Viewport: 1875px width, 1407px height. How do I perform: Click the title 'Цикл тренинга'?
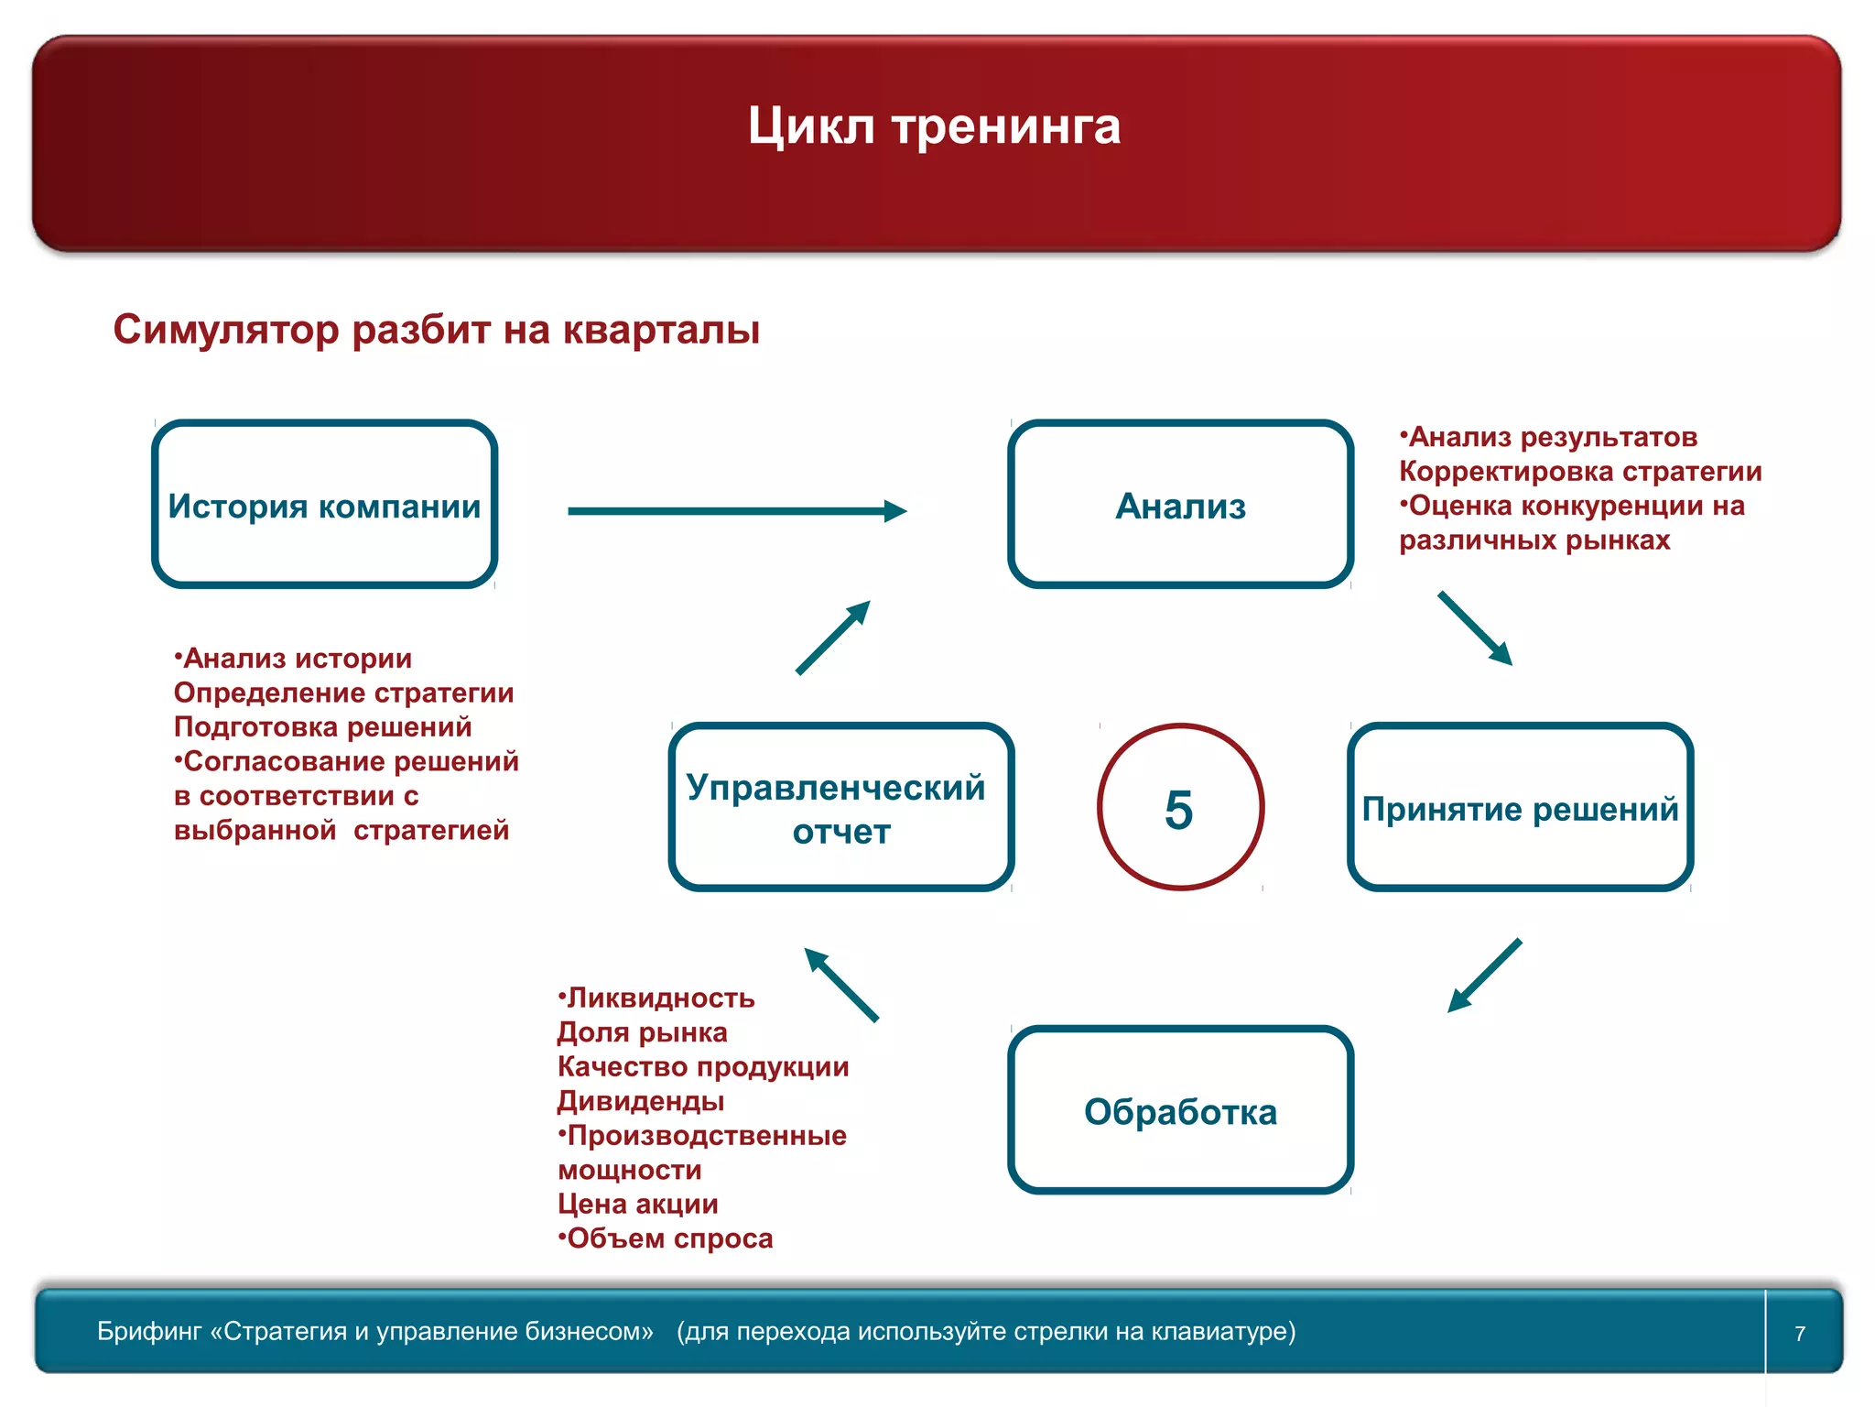click(x=934, y=125)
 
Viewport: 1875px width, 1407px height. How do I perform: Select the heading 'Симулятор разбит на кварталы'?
click(x=436, y=330)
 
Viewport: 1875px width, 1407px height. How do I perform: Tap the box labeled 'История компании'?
click(x=324, y=505)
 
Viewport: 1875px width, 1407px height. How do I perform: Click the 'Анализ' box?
click(x=1180, y=505)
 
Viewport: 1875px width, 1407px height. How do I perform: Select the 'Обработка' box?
click(x=1180, y=1111)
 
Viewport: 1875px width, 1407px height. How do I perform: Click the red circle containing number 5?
click(x=1180, y=808)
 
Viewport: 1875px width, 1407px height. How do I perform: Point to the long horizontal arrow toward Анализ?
click(x=736, y=511)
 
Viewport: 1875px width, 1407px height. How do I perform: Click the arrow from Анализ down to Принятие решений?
click(x=1474, y=627)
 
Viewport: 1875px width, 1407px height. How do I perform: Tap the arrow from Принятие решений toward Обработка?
click(x=1485, y=975)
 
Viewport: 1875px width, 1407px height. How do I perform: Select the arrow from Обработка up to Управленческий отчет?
click(x=841, y=985)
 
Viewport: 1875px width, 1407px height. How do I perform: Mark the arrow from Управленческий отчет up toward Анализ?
click(x=832, y=638)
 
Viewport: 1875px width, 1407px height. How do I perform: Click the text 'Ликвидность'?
click(x=660, y=998)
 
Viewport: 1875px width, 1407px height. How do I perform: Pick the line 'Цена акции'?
click(x=638, y=1204)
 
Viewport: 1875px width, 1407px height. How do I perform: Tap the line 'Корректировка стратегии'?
click(x=1580, y=471)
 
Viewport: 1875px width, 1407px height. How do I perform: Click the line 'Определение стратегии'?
click(x=343, y=693)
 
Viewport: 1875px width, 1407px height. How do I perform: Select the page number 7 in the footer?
click(x=1799, y=1333)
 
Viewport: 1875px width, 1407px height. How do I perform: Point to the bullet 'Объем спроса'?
click(x=669, y=1238)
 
